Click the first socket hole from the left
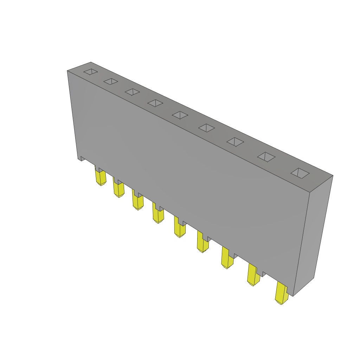pyautogui.click(x=91, y=72)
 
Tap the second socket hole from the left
pyautogui.click(x=111, y=82)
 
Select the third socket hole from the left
pyautogui.click(x=132, y=92)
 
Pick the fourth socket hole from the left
pyautogui.click(x=155, y=103)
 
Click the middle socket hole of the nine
pyautogui.click(x=180, y=115)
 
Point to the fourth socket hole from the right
pyautogui.click(x=206, y=128)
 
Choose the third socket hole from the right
pyautogui.click(x=235, y=142)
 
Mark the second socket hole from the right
pyautogui.click(x=266, y=157)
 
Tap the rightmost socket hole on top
pyautogui.click(x=300, y=173)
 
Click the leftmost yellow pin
pyautogui.click(x=101, y=178)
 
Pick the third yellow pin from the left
pyautogui.click(x=138, y=202)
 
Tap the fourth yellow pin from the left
pyautogui.click(x=158, y=216)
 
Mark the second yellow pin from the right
pyautogui.click(x=253, y=277)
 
